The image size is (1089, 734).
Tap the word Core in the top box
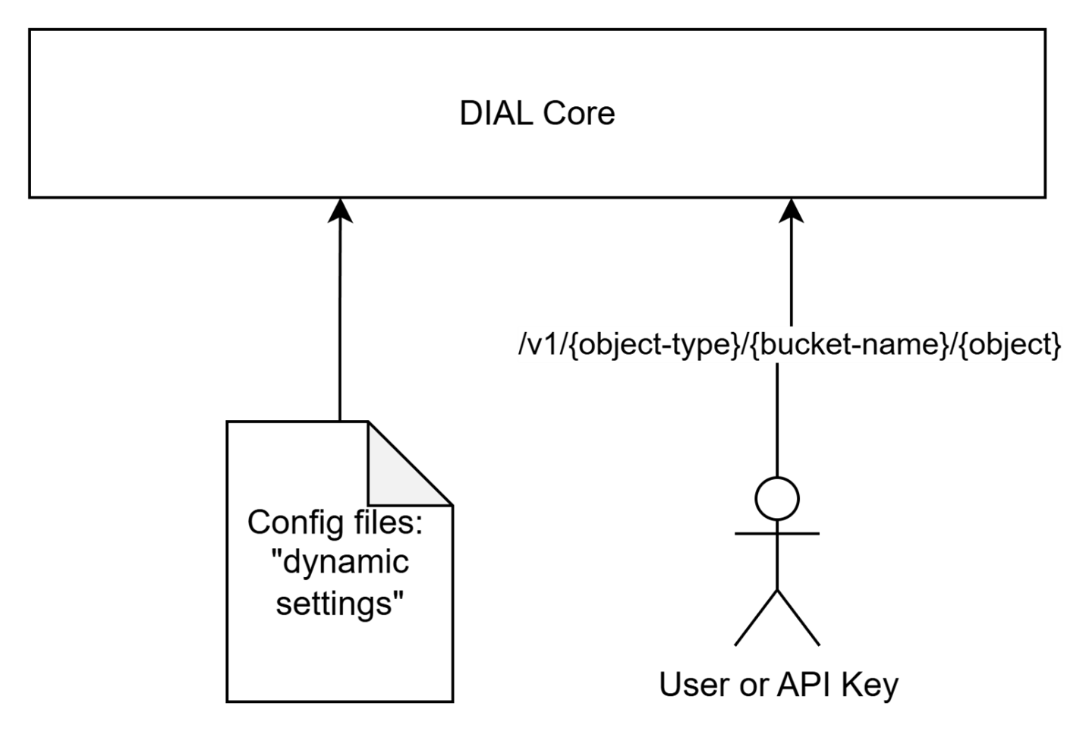click(x=578, y=114)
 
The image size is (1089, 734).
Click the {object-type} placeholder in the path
click(x=653, y=345)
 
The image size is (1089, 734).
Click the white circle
click(x=777, y=499)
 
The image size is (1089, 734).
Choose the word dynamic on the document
click(x=345, y=563)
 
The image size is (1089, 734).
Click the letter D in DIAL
click(x=471, y=114)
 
